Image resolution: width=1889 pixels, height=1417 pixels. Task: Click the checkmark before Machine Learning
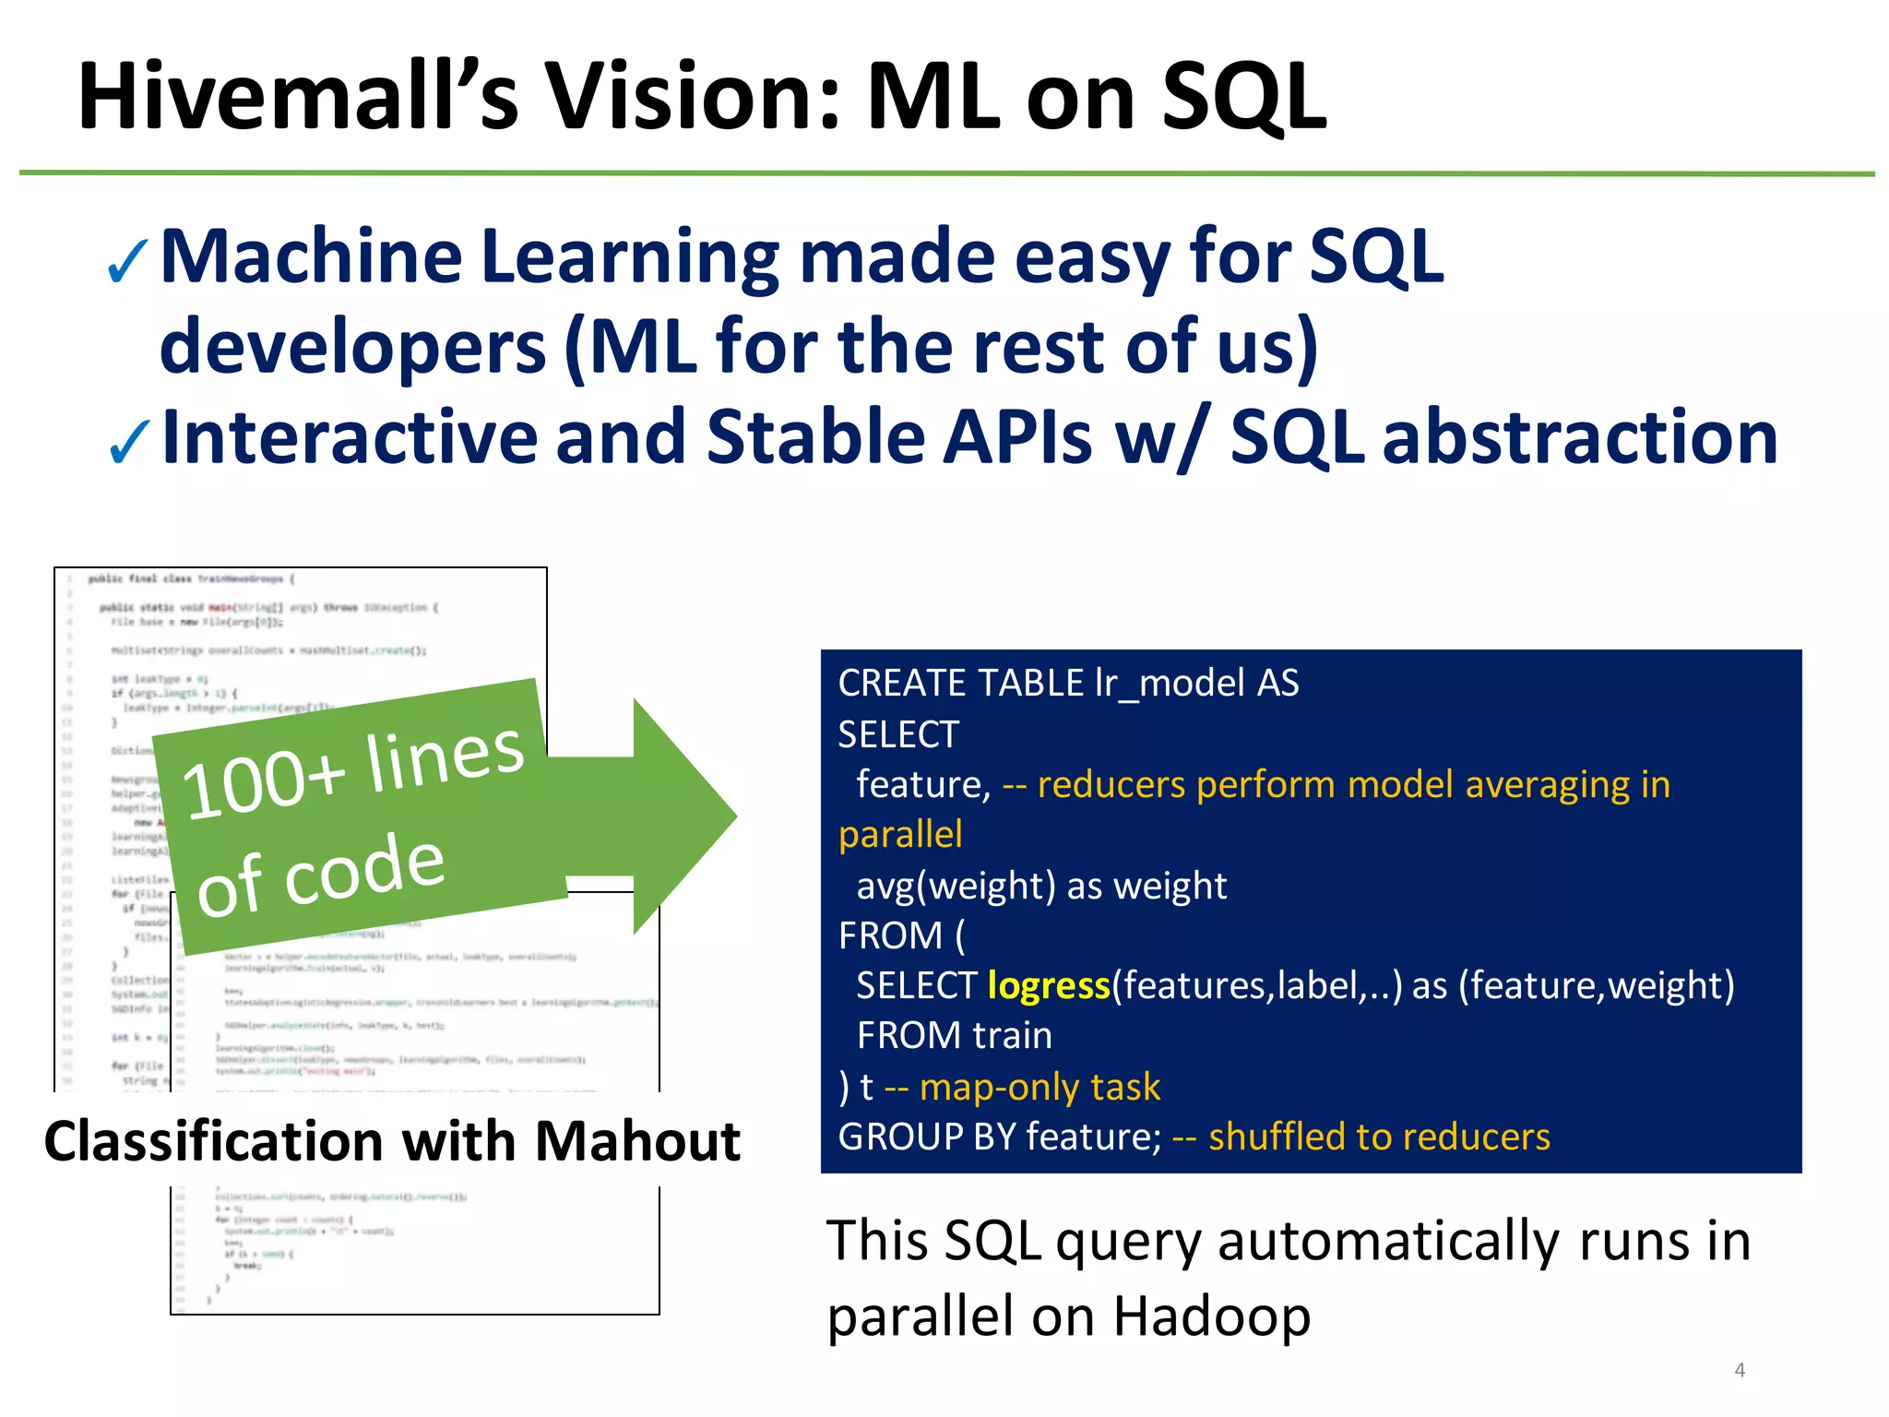coord(127,262)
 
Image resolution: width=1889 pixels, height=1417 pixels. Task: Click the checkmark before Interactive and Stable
coord(127,443)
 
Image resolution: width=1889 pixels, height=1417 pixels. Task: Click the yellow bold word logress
coord(1048,986)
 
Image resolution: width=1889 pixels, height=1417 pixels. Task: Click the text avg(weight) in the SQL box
coord(956,886)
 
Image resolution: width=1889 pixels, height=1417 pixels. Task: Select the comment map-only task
coord(1040,1087)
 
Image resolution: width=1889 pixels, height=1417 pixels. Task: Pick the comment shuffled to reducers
coord(1379,1137)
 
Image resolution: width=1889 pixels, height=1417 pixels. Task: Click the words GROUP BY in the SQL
coord(927,1137)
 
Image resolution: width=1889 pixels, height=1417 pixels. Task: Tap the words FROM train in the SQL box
coord(954,1036)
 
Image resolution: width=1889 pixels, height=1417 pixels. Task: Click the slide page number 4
coord(1740,1370)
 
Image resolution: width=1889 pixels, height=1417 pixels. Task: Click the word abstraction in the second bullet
coord(1579,437)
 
